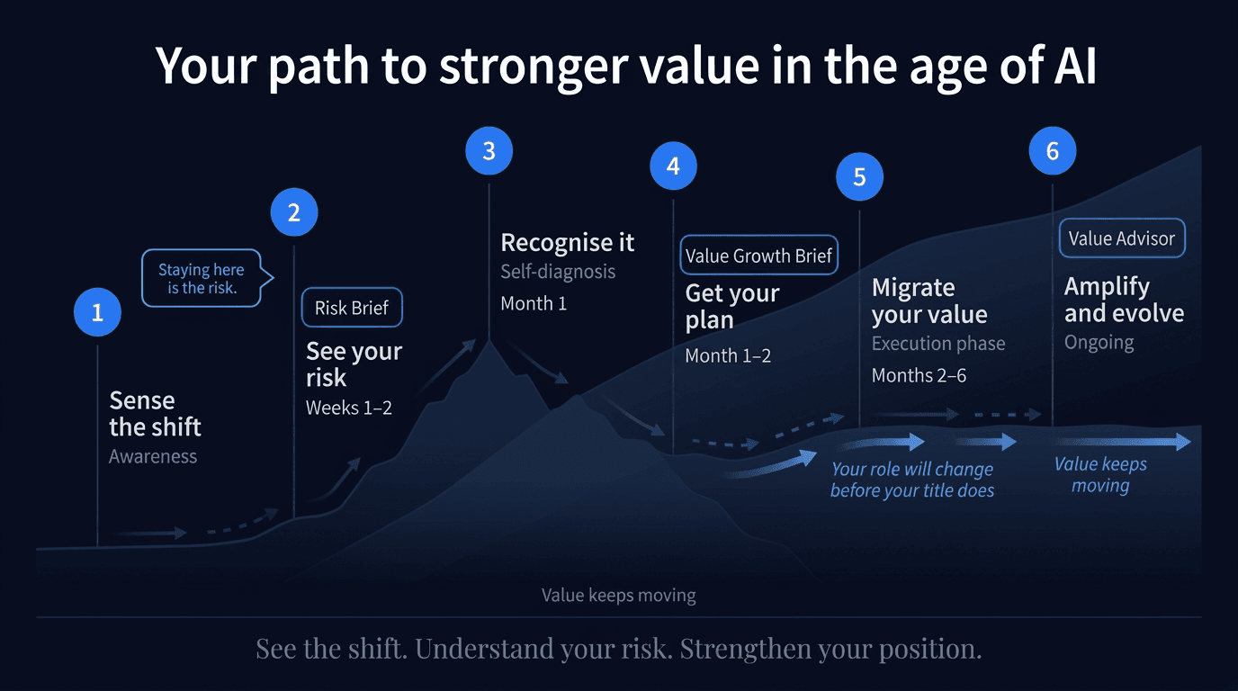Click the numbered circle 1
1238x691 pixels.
(97, 312)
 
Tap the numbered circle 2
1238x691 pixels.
(294, 212)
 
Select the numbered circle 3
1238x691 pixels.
(489, 151)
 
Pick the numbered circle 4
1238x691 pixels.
(673, 166)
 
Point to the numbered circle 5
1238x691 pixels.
(859, 177)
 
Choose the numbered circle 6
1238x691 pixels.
(1053, 151)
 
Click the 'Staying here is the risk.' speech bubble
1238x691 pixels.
(202, 278)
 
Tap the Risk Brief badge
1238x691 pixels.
(352, 308)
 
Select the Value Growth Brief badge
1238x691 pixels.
(758, 256)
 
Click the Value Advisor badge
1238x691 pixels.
(1122, 238)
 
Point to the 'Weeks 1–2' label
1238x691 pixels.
(349, 408)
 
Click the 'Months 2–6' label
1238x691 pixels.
(919, 375)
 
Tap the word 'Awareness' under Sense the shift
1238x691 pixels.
(153, 456)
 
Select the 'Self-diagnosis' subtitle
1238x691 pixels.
(558, 271)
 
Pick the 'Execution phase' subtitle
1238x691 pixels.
(938, 344)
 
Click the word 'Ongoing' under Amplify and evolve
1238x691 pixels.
(1099, 343)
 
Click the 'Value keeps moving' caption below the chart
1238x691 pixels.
(618, 595)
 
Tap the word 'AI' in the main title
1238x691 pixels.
(1071, 65)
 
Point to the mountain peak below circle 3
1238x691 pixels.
(489, 340)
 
